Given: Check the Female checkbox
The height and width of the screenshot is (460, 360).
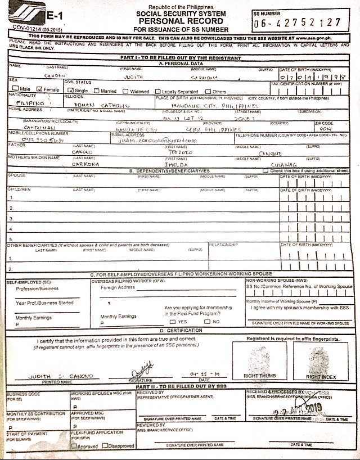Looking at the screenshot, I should tap(39, 89).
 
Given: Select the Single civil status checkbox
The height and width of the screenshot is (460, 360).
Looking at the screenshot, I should tap(70, 90).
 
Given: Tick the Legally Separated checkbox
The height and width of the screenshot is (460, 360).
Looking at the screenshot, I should tap(157, 90).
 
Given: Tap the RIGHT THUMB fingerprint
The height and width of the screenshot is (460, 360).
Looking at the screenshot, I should tap(258, 358).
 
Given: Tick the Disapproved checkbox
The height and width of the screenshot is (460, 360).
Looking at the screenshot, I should tap(107, 446).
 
